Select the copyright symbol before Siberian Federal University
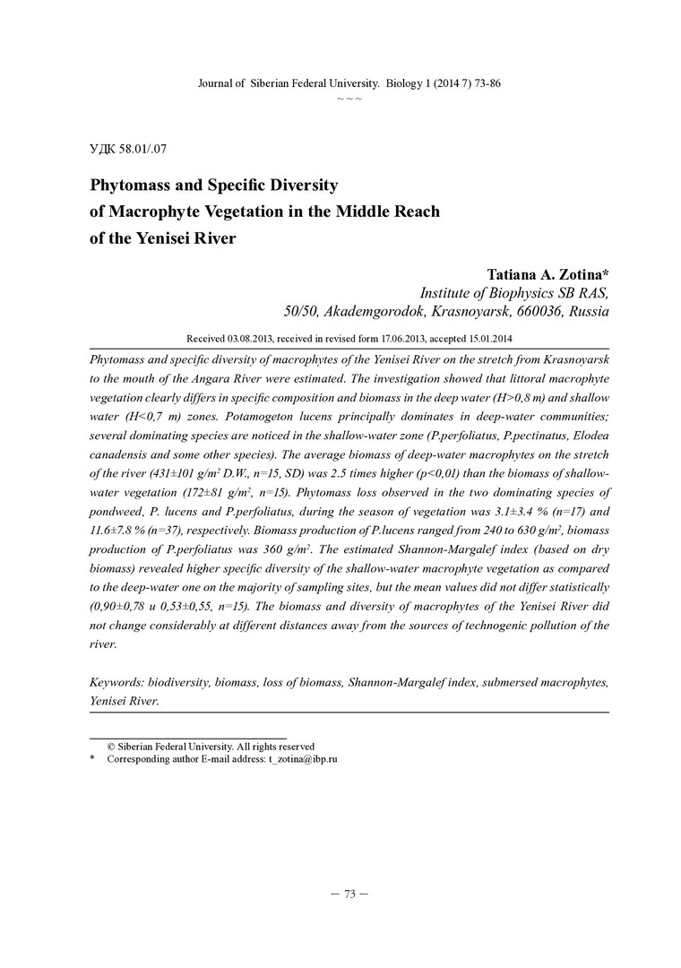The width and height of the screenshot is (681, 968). (112, 746)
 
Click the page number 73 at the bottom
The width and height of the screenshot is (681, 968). (349, 894)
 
